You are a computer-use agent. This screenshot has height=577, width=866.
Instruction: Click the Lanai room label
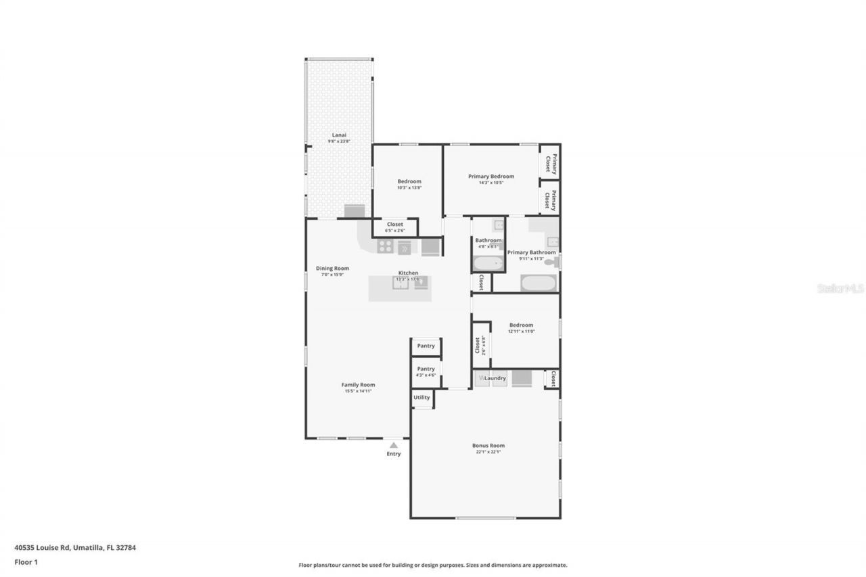click(x=339, y=135)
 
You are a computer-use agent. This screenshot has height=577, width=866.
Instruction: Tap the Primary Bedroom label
click(x=491, y=177)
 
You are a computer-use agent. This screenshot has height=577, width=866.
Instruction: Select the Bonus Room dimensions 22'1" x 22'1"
click(x=488, y=452)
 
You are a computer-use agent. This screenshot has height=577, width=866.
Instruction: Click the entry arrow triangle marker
click(x=394, y=445)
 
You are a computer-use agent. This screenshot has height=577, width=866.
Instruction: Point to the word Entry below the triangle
click(x=394, y=454)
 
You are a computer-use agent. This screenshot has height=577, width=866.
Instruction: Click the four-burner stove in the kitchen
click(x=385, y=247)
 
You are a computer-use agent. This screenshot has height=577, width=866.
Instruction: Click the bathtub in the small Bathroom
click(x=488, y=263)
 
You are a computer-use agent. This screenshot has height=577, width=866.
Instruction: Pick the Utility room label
click(x=421, y=398)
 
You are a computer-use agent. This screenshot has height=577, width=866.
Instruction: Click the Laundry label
click(x=495, y=378)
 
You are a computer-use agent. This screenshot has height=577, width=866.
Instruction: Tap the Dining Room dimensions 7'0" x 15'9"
click(x=332, y=274)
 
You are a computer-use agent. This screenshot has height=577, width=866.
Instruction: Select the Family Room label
click(x=358, y=385)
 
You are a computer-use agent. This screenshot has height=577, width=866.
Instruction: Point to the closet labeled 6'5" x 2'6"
click(x=394, y=227)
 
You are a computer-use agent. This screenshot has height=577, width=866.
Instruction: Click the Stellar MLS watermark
click(x=840, y=288)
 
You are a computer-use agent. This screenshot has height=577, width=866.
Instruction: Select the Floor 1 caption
click(x=26, y=561)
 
